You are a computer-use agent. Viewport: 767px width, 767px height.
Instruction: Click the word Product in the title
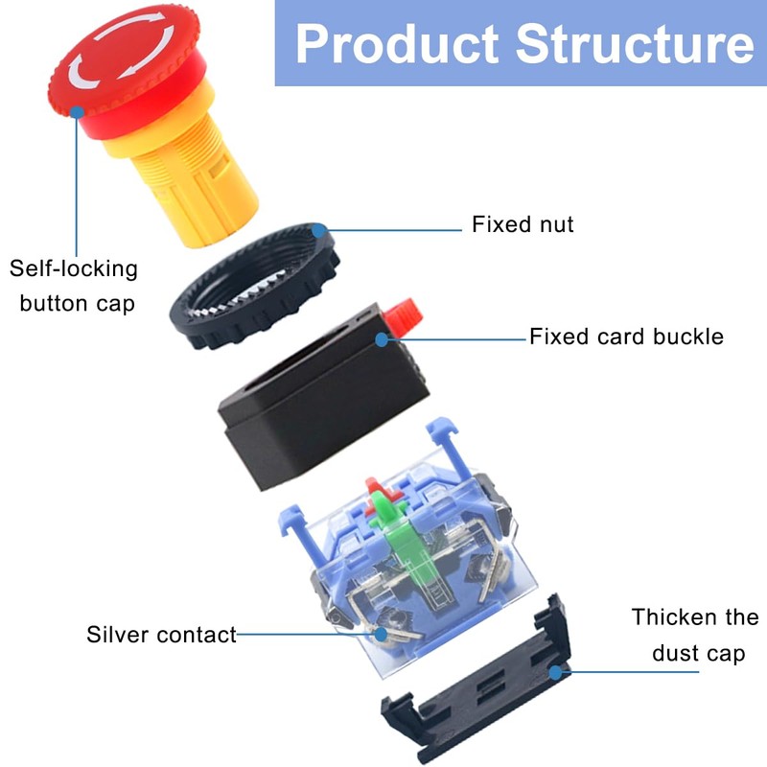click(x=396, y=44)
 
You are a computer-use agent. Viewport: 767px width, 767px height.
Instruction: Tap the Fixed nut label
click(x=523, y=224)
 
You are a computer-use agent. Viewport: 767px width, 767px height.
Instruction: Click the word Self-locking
click(x=73, y=268)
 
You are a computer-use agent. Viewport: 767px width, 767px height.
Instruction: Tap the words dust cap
click(x=698, y=654)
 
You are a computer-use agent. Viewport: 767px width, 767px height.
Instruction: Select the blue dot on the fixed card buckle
click(x=382, y=337)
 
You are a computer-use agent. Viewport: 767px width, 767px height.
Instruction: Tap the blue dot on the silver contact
click(x=382, y=634)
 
